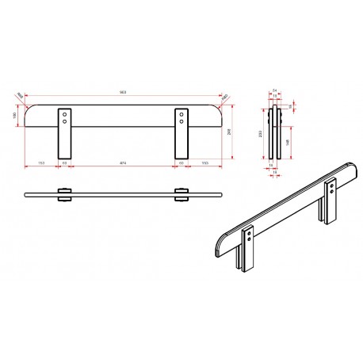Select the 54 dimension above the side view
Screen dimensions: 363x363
tap(273, 91)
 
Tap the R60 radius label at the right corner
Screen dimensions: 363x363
tap(224, 97)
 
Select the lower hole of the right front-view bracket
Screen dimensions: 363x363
tap(182, 124)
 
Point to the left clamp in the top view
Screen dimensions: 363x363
tap(63, 194)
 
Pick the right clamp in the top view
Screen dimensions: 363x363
tap(182, 194)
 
